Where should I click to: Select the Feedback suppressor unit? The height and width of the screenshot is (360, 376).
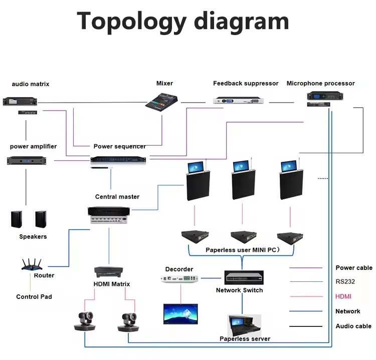click(x=239, y=101)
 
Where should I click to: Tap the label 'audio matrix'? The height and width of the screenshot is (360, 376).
click(x=31, y=84)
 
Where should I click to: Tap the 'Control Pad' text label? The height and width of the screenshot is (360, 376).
click(x=34, y=297)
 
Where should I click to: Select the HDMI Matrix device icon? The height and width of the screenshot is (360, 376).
click(x=109, y=272)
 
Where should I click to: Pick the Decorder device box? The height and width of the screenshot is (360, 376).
click(x=179, y=278)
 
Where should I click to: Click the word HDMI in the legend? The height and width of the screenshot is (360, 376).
click(x=343, y=297)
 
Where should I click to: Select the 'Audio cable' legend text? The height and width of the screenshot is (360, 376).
click(x=353, y=326)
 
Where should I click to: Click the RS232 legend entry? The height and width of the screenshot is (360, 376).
click(x=345, y=282)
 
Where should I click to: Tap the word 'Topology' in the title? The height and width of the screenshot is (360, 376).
click(x=131, y=22)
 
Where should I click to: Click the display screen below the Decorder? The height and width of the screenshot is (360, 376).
click(x=180, y=313)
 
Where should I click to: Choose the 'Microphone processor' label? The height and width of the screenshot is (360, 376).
click(x=320, y=84)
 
